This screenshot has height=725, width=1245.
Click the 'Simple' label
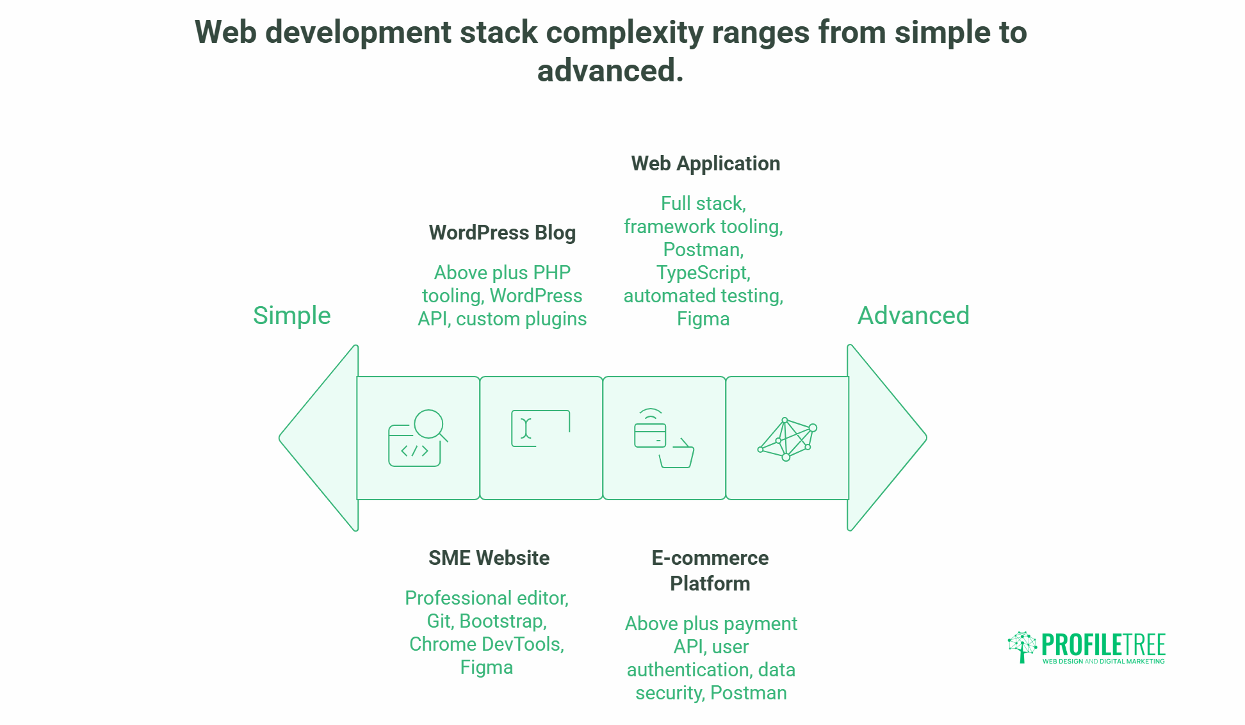pyautogui.click(x=291, y=315)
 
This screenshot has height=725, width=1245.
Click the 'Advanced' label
pyautogui.click(x=913, y=315)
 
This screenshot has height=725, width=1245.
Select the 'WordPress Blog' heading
pyautogui.click(x=502, y=232)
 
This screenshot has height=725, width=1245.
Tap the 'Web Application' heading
pyautogui.click(x=705, y=163)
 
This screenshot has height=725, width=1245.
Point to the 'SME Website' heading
pyautogui.click(x=489, y=558)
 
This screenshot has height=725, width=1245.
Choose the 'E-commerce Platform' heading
pyautogui.click(x=710, y=571)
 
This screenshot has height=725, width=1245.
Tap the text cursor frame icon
pyautogui.click(x=540, y=428)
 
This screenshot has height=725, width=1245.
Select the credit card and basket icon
pyautogui.click(x=663, y=438)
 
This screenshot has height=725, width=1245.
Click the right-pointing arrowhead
pyautogui.click(x=886, y=438)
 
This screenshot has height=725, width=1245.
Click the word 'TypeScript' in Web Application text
pyautogui.click(x=702, y=273)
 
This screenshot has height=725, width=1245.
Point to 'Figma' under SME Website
pyautogui.click(x=486, y=667)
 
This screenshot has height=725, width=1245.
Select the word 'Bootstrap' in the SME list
pyautogui.click(x=502, y=621)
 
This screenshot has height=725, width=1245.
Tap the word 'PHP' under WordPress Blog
pyautogui.click(x=551, y=273)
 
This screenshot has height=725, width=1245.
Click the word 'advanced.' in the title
pyautogui.click(x=610, y=70)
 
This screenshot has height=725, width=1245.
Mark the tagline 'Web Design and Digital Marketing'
pyautogui.click(x=1103, y=662)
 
